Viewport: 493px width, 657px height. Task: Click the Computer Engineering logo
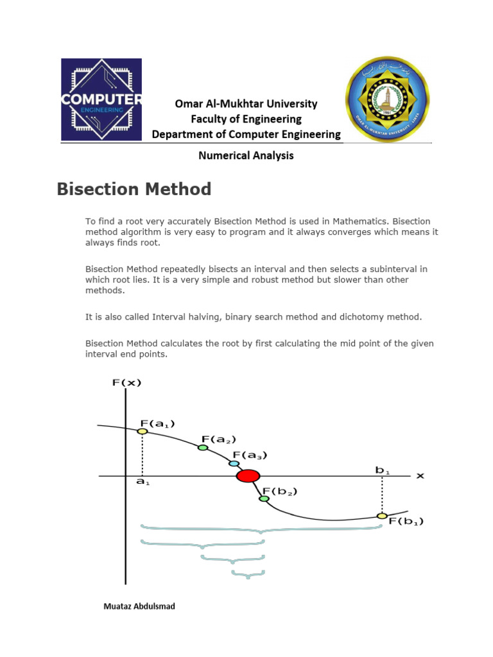[x=101, y=99]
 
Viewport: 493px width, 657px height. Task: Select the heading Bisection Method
[x=134, y=189]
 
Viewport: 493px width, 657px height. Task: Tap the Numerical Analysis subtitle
[x=246, y=155]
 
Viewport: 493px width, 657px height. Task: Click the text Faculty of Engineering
[x=246, y=119]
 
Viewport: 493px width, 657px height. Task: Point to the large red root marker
[x=248, y=476]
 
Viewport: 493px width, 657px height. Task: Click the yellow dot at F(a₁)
[x=142, y=431]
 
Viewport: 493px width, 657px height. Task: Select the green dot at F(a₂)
[x=203, y=447]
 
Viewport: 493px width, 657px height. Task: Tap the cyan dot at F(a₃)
[x=234, y=463]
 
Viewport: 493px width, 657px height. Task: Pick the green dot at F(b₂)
[x=264, y=498]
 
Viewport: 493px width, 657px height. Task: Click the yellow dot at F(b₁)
[x=382, y=516]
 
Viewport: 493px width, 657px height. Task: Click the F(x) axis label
[x=126, y=382]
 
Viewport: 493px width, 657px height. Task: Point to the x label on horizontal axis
[x=420, y=475]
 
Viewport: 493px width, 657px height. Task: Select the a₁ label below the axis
[x=143, y=482]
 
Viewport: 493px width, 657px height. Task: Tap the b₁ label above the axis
[x=382, y=470]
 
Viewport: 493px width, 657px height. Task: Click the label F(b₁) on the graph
[x=406, y=522]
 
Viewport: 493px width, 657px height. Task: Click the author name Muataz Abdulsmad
[x=139, y=606]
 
